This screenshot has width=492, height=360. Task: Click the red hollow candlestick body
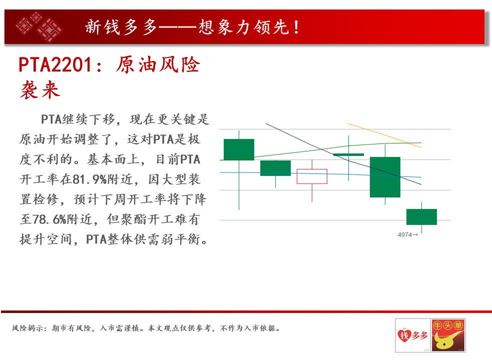[x=312, y=176]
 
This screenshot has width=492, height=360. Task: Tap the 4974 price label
[x=404, y=234]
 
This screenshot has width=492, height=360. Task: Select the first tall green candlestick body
[x=239, y=149]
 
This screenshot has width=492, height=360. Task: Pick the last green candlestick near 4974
[x=421, y=216]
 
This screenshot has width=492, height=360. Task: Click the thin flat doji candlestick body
[x=348, y=154]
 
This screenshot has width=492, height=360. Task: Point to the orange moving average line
[x=384, y=135]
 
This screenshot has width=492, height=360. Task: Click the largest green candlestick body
[x=385, y=177]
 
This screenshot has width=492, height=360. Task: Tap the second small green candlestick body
[x=275, y=168]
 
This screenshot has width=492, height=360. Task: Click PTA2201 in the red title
[x=56, y=65]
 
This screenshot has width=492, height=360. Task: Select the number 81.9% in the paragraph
[x=90, y=179]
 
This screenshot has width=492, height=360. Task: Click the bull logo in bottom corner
[x=448, y=335]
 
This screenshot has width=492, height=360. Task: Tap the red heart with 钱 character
[x=404, y=335]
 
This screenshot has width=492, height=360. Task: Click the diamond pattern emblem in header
[x=39, y=26]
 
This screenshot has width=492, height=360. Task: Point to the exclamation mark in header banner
[x=296, y=27]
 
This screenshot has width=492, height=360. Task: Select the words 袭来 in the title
[x=40, y=89]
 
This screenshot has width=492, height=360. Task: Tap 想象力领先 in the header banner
[x=244, y=27]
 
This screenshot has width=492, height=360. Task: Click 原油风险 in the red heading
[x=158, y=65]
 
